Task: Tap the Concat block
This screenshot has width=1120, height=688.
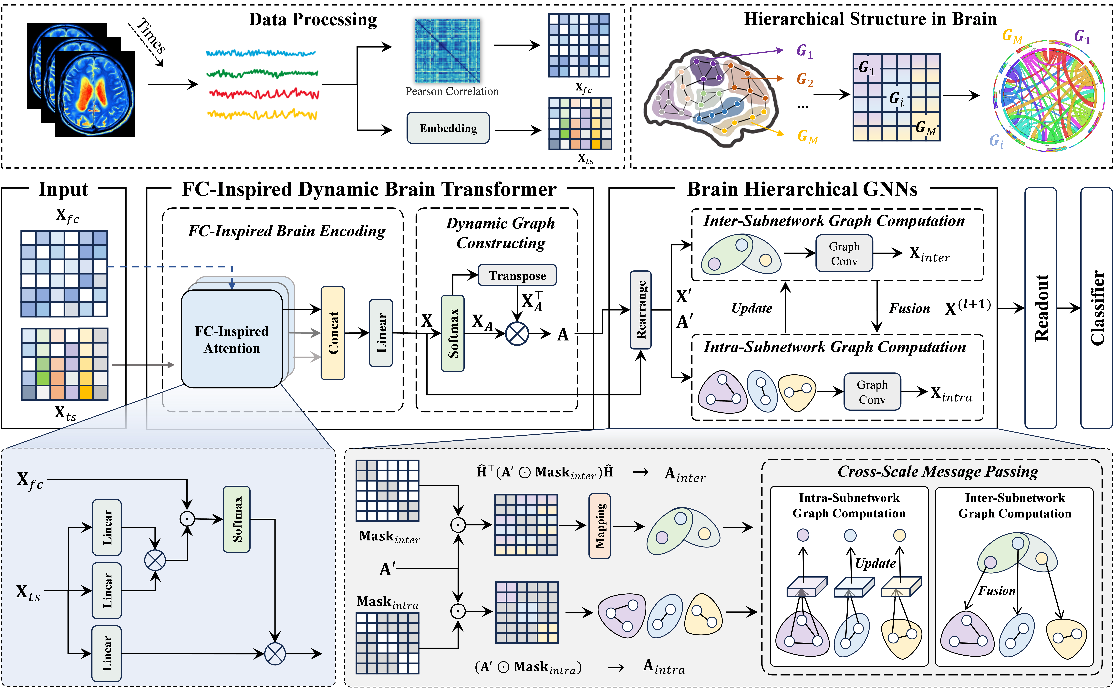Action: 333,333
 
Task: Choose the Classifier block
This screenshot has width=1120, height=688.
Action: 1096,308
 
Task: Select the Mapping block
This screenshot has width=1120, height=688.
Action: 600,526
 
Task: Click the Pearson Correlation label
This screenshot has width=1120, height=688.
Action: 452,91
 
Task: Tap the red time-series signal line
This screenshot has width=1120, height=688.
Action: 264,94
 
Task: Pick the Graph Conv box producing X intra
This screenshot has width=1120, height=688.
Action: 872,392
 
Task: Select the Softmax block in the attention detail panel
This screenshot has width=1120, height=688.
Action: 237,519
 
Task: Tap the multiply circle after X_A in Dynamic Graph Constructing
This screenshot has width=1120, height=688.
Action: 517,334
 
